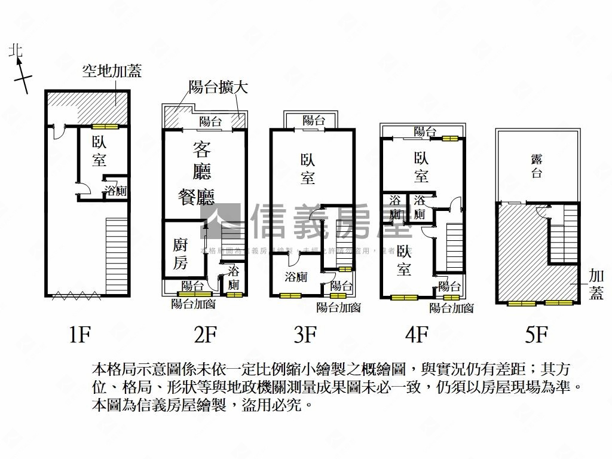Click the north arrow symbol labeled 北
20,69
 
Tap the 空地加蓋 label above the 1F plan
112,72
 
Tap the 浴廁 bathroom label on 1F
115,191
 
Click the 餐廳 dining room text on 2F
196,197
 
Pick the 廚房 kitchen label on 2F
180,253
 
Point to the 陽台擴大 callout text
218,87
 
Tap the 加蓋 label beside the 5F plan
596,284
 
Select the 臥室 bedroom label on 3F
307,169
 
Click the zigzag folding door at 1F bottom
72,293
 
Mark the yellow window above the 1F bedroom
105,126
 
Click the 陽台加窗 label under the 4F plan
451,308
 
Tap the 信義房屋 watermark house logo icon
221,221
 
